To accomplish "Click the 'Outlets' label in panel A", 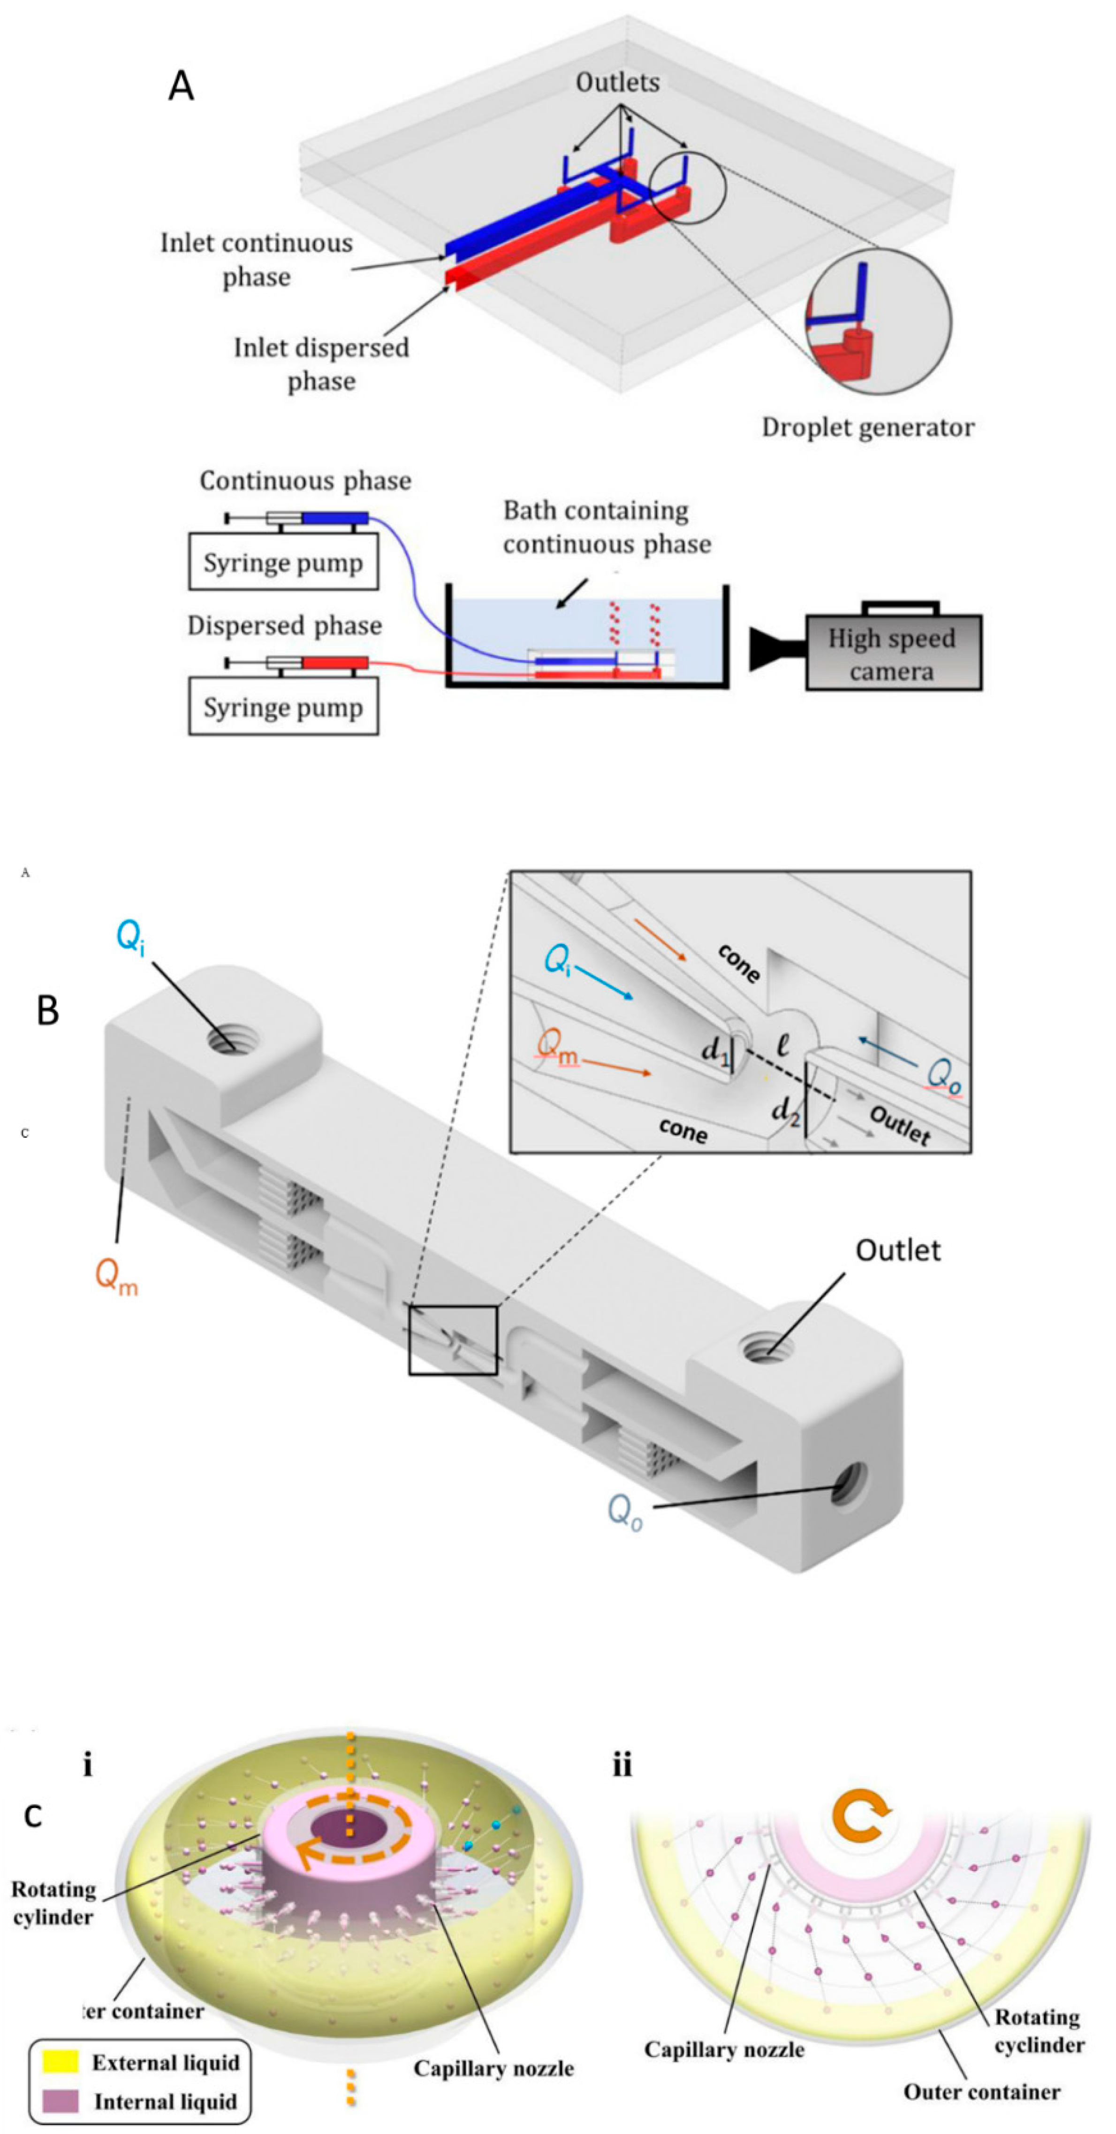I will pos(618,82).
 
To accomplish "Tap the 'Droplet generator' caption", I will pos(868,427).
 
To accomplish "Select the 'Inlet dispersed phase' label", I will pos(321,364).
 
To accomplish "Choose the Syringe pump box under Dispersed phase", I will pos(283,707).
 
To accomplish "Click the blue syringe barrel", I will pos(334,518).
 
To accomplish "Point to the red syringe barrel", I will pos(334,663).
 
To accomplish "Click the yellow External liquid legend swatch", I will pos(60,2061).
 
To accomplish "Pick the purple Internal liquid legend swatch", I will pos(60,2100).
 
